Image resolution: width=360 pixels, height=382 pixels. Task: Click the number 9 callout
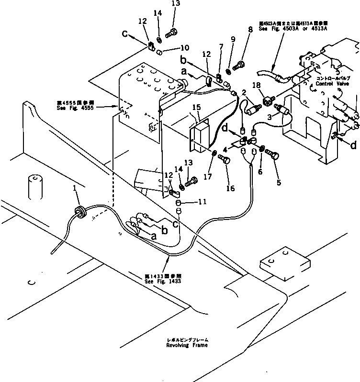point(233,39)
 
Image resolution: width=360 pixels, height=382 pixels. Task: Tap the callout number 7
point(221,46)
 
